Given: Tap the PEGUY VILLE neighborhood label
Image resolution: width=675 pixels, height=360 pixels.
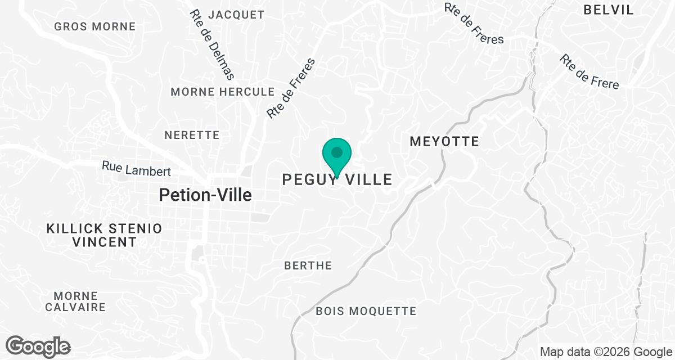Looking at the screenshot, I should point(337,180).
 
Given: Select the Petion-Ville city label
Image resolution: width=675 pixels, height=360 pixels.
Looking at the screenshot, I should point(205,195).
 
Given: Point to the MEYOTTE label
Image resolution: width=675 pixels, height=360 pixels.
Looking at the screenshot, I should point(444,141).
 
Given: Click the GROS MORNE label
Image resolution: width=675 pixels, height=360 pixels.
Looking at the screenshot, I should point(95,26).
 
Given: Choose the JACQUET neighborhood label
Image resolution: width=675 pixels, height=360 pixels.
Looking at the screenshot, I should point(236,15).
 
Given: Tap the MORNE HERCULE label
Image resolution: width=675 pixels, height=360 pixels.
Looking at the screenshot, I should point(223,92).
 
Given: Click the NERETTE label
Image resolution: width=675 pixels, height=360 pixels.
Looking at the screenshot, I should point(192,135).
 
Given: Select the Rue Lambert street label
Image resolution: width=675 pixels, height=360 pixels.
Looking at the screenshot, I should point(136,168).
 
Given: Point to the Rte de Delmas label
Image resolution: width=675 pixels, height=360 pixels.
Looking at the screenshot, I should point(212,44).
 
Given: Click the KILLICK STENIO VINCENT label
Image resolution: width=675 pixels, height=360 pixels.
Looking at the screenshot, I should point(105,236).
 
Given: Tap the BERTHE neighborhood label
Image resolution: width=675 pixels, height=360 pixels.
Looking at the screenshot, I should point(308,265).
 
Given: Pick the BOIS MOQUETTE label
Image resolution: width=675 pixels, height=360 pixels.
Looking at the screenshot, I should point(366,311).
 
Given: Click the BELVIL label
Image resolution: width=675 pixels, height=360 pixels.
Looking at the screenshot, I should point(609,10).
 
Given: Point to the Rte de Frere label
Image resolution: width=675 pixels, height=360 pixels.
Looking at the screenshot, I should point(589,72).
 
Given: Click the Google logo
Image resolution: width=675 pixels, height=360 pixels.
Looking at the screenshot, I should point(38,346).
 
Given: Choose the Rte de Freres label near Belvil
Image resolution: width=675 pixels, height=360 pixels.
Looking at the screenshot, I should point(474,24).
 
